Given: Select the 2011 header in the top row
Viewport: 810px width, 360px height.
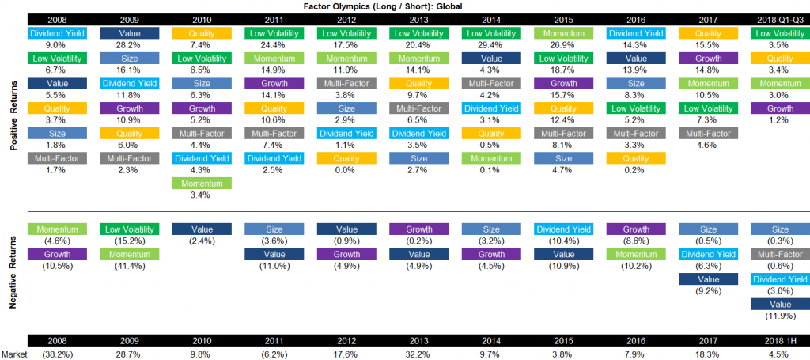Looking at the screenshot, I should tap(274, 18).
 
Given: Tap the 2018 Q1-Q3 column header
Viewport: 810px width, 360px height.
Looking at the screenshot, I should tap(778, 18).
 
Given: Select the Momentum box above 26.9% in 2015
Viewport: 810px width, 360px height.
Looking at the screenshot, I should tap(562, 33).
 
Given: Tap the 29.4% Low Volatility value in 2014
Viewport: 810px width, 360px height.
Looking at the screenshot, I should tap(490, 46).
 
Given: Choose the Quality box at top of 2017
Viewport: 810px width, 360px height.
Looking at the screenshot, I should tap(706, 33).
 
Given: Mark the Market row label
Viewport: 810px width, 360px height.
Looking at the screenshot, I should tap(14, 354).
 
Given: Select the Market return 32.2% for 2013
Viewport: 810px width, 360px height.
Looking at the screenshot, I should tap(418, 354).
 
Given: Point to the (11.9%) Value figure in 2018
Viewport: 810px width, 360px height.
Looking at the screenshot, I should tap(778, 316).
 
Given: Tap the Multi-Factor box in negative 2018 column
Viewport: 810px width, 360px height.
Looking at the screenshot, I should tap(778, 254).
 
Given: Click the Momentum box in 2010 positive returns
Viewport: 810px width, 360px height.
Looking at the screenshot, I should tap(202, 183).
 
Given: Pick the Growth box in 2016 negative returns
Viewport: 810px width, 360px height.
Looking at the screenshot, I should tap(634, 229).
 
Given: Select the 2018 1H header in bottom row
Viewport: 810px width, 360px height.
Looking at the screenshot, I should tap(778, 340).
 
